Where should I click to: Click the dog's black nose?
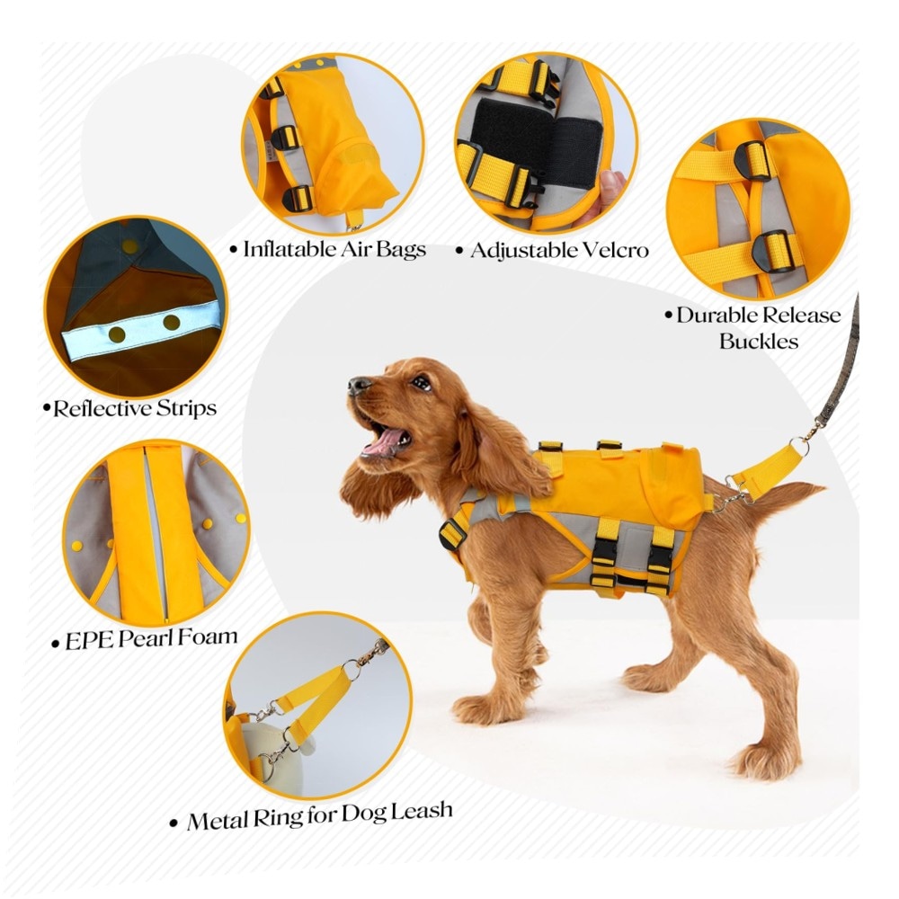click(359, 385)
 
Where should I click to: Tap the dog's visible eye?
click(422, 382)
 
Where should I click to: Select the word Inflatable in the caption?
click(290, 249)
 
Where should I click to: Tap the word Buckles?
click(759, 341)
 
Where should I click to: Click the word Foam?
click(209, 637)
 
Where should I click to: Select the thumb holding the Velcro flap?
click(610, 188)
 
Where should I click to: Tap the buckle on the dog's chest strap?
click(452, 533)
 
